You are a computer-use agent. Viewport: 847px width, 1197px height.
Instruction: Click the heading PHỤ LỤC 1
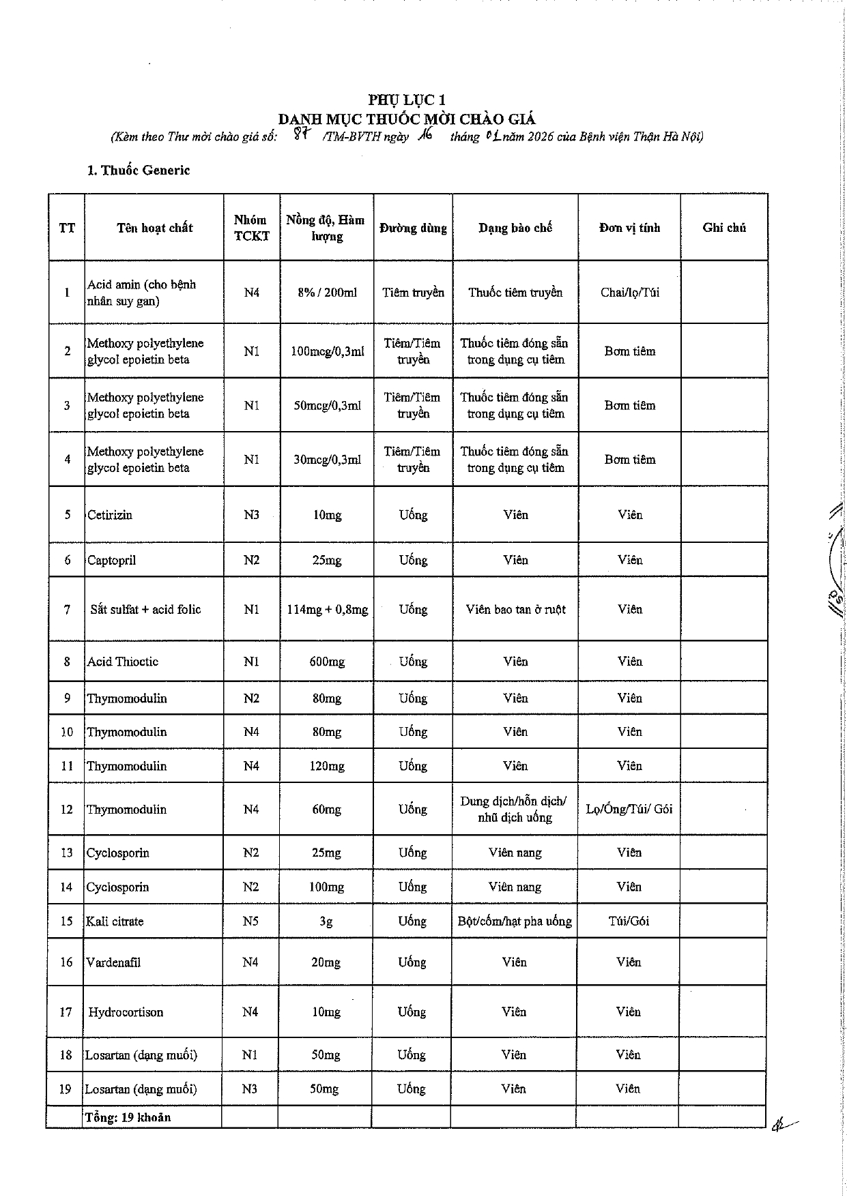coord(407,100)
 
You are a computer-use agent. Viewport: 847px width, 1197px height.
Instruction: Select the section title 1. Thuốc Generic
coord(139,171)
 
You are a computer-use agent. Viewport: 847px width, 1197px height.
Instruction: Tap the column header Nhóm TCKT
coord(251,228)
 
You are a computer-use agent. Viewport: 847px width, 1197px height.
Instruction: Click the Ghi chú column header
coord(723,228)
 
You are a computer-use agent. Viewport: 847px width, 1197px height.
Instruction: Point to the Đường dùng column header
coord(413,228)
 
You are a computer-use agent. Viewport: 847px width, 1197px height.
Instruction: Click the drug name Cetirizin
coord(110,515)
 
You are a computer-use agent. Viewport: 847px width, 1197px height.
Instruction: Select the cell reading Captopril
coord(112,560)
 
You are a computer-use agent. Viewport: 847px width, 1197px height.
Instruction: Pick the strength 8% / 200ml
coord(327,293)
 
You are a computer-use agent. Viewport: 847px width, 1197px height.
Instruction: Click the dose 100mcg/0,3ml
coord(327,351)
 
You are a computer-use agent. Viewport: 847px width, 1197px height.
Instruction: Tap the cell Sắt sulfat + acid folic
coord(145,609)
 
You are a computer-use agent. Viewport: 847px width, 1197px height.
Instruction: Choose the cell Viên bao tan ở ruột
coord(515,609)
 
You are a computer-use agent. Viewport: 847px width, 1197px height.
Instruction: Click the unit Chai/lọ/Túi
coord(629,293)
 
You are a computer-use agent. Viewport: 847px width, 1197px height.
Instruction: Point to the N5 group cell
coord(250,921)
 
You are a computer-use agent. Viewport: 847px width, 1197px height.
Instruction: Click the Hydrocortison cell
coord(126,1011)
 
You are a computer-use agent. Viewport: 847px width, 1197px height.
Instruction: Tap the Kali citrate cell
coord(115,921)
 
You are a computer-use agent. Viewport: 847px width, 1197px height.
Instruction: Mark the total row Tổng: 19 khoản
coord(128,1117)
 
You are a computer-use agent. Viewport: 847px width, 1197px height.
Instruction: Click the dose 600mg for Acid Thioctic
coord(327,662)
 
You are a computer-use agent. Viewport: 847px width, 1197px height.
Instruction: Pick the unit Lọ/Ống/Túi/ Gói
coord(629,809)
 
